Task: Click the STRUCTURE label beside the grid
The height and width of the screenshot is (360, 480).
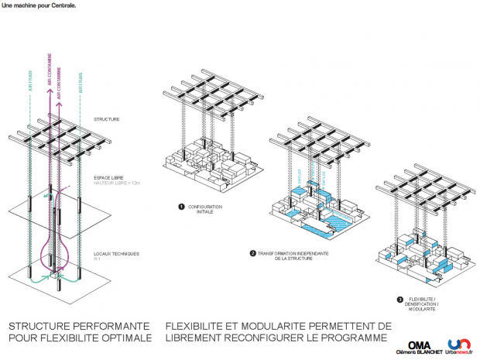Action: tap(106, 119)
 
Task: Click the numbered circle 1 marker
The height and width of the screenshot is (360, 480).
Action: tap(180, 207)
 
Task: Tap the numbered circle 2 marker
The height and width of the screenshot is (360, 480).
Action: tap(252, 253)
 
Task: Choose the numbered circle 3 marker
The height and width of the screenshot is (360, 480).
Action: tap(399, 300)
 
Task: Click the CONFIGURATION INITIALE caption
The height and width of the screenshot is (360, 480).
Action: tap(203, 209)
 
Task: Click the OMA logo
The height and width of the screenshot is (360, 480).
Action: tap(419, 343)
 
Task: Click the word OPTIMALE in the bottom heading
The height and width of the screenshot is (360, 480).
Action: tap(126, 339)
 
